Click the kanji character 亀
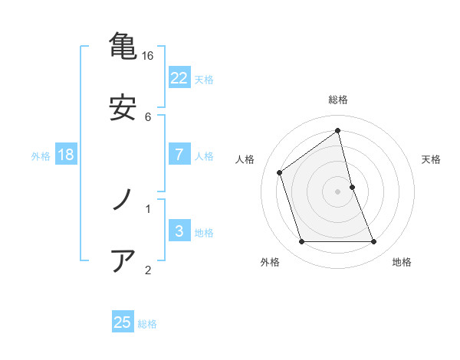coord(123,45)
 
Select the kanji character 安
coord(123,108)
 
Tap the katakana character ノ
coord(123,200)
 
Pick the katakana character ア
coord(123,261)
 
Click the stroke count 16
coord(148,56)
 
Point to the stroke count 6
coord(148,117)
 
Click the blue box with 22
coord(179,78)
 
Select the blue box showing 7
coord(179,155)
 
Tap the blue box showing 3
coord(179,231)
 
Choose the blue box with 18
coord(66,155)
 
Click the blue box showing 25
coord(123,322)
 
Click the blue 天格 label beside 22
coord(204,79)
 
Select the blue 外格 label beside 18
coord(41,155)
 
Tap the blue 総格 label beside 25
coord(147,323)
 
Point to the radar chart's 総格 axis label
coord(338,100)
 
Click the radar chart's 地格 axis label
coord(402,263)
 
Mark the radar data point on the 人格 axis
coord(280,172)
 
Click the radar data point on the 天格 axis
coord(352,187)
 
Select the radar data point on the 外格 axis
coord(301,242)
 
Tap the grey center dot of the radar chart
coord(338,191)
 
